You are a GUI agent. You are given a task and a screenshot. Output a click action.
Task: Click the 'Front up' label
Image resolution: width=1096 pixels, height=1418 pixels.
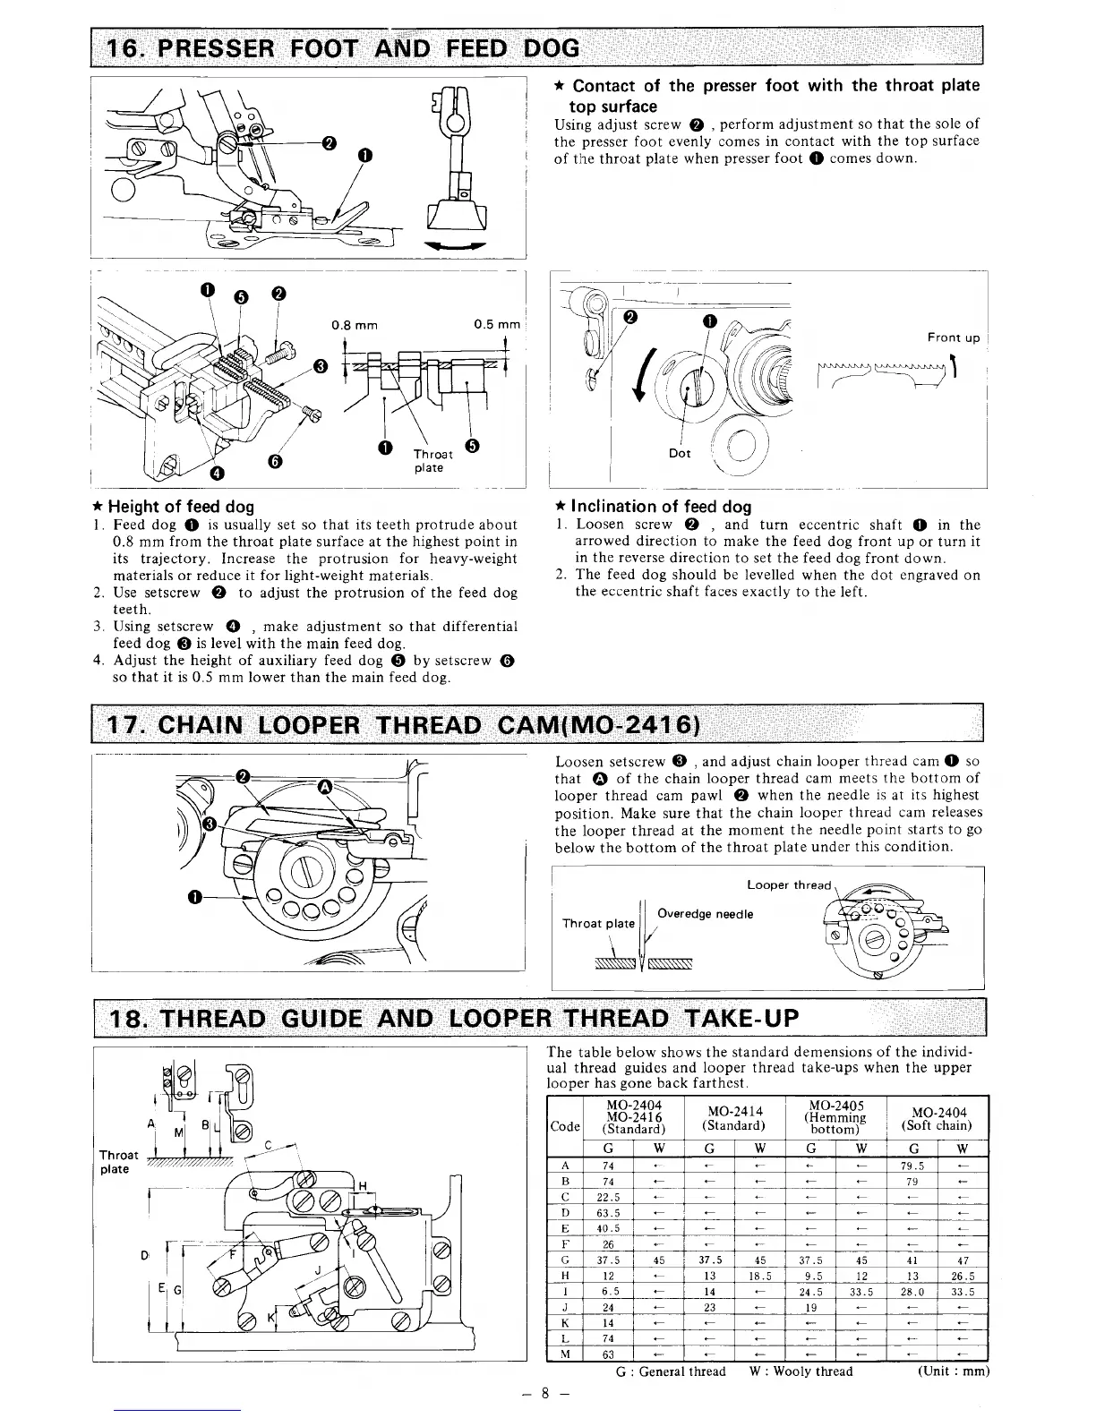[954, 337]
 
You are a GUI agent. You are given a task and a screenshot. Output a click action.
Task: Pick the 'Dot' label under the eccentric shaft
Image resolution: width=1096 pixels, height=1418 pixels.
[680, 453]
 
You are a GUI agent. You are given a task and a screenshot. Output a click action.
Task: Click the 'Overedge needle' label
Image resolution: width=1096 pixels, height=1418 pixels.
[705, 914]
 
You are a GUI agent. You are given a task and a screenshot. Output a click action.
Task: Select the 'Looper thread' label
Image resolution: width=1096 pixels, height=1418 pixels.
[789, 885]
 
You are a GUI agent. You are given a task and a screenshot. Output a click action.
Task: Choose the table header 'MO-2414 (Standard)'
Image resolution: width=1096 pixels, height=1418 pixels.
[732, 1118]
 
